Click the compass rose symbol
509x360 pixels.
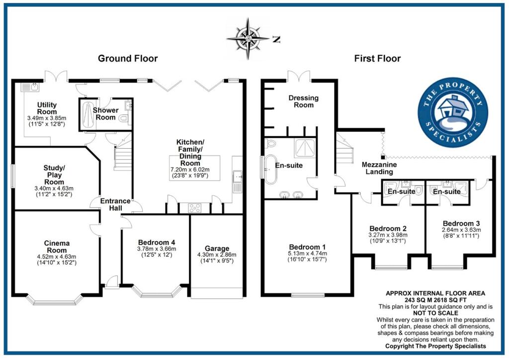pos(249,39)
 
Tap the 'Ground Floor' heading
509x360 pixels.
pos(128,59)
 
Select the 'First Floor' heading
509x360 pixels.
pos(377,59)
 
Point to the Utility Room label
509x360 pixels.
pos(47,108)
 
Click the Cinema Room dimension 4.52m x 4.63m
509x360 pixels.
pos(57,257)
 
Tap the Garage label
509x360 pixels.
pos(217,249)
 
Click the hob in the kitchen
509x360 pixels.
pos(195,208)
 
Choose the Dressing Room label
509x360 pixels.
pos(304,101)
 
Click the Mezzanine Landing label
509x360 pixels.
pos(379,168)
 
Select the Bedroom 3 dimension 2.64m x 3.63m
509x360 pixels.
pos(461,230)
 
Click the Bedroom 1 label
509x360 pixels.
pos(307,247)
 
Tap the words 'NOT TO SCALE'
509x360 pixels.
pos(435,313)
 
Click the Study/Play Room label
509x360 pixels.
pos(54,175)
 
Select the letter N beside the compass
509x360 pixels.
pos(276,40)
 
